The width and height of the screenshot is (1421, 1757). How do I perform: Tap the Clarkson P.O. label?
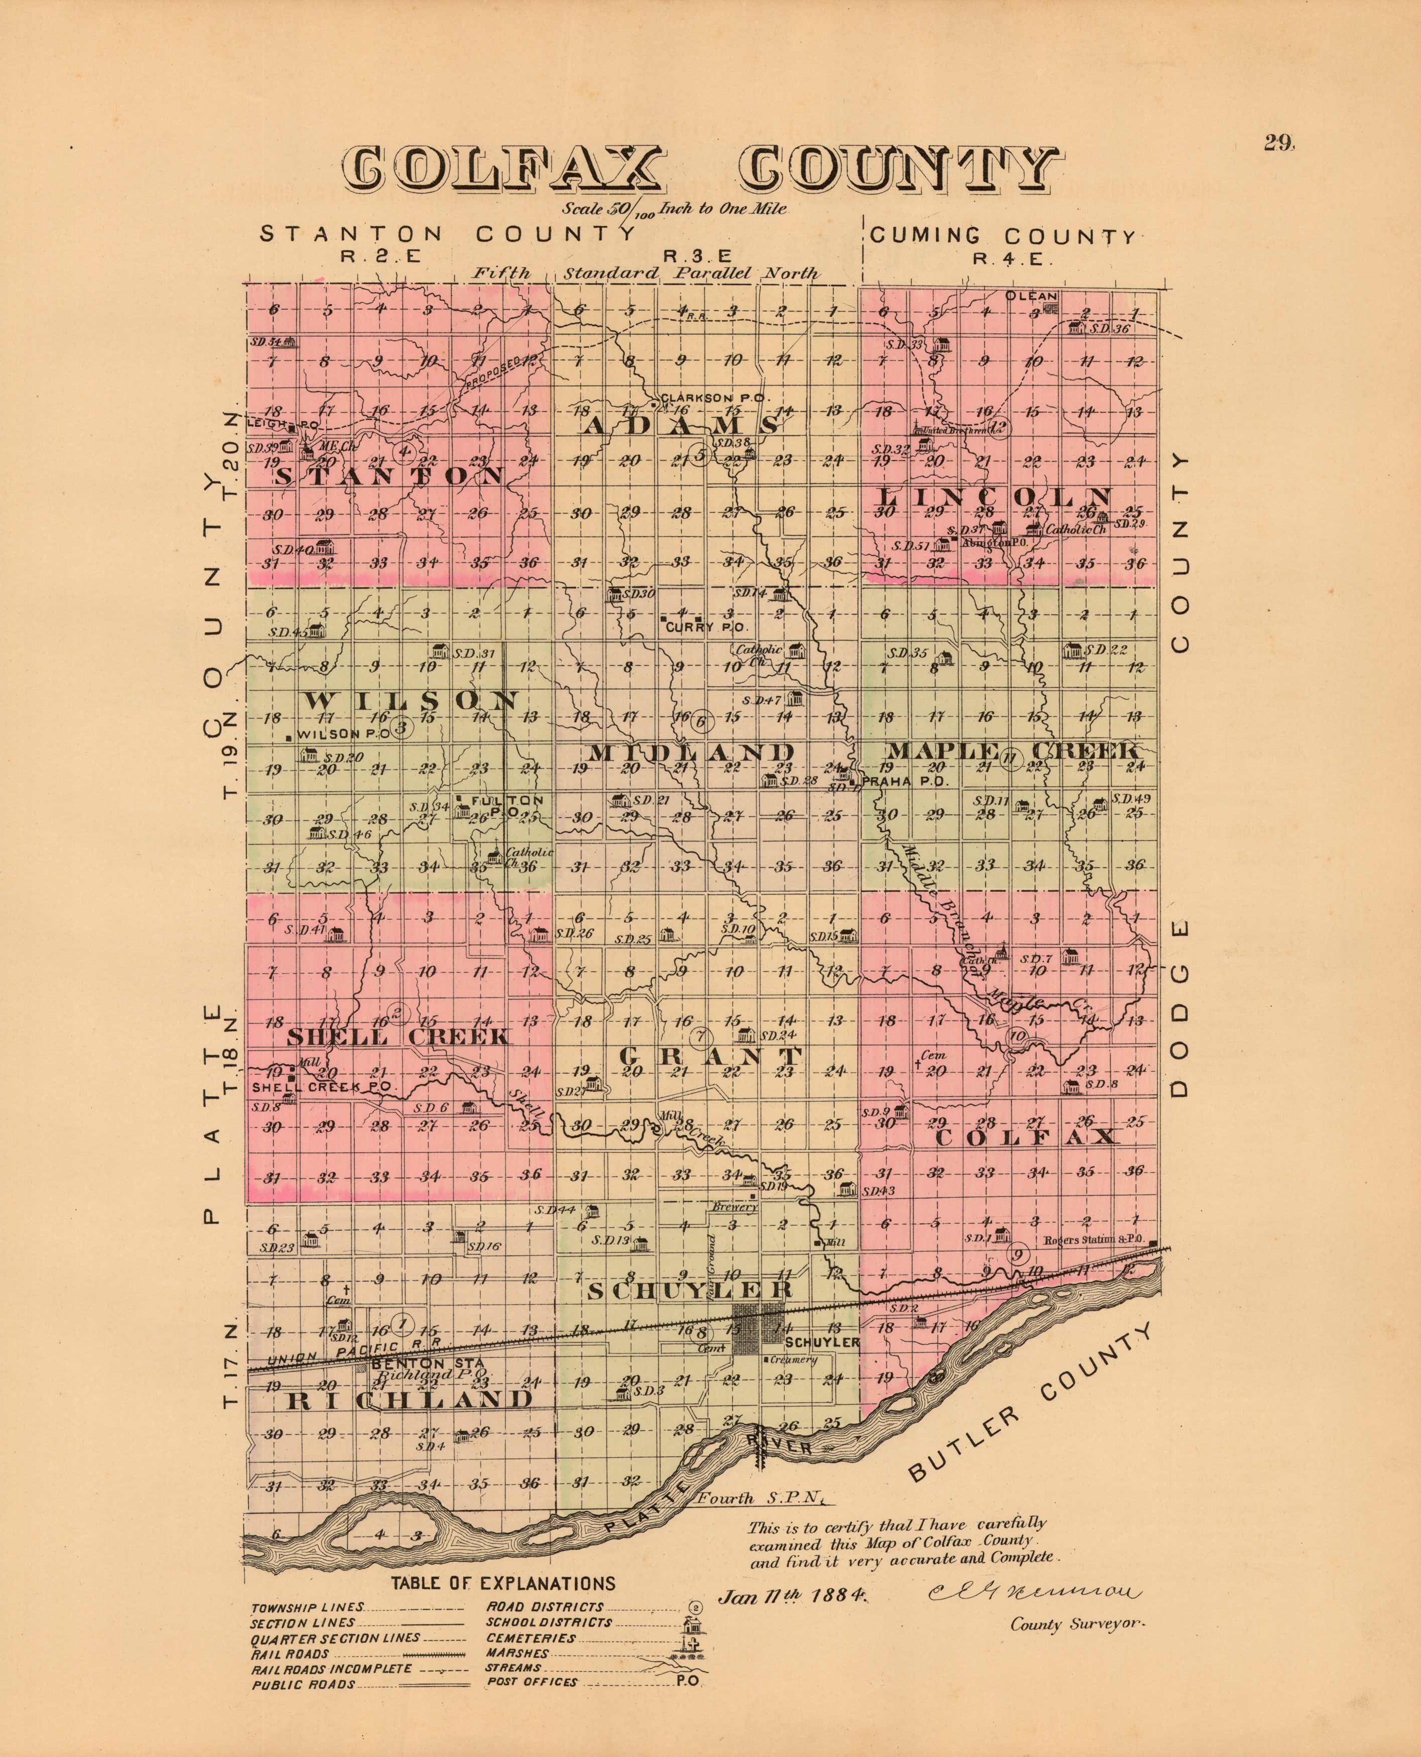point(716,397)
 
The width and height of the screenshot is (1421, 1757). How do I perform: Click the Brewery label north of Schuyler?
point(734,1207)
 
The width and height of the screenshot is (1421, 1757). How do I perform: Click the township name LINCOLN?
point(996,497)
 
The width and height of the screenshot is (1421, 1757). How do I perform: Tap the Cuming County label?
point(1002,236)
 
